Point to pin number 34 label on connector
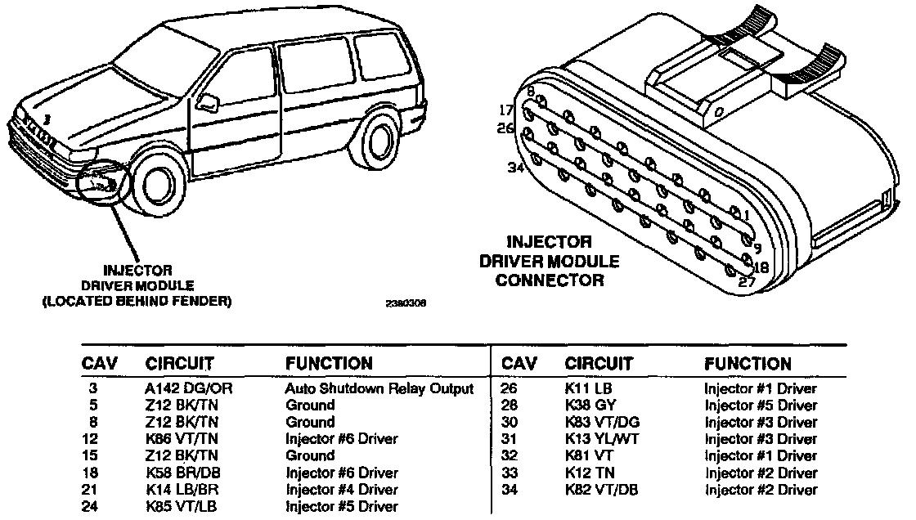pos(514,168)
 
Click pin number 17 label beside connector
pos(506,110)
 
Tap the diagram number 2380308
pos(406,303)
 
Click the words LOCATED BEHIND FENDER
pos(137,301)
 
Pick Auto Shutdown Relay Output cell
pos(379,388)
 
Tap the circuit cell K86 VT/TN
pos(180,439)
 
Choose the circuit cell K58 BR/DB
pos(181,473)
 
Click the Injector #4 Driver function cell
pos(342,490)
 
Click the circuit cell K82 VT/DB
pos(601,490)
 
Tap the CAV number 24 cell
pos(92,507)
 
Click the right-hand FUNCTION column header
pos(748,364)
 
